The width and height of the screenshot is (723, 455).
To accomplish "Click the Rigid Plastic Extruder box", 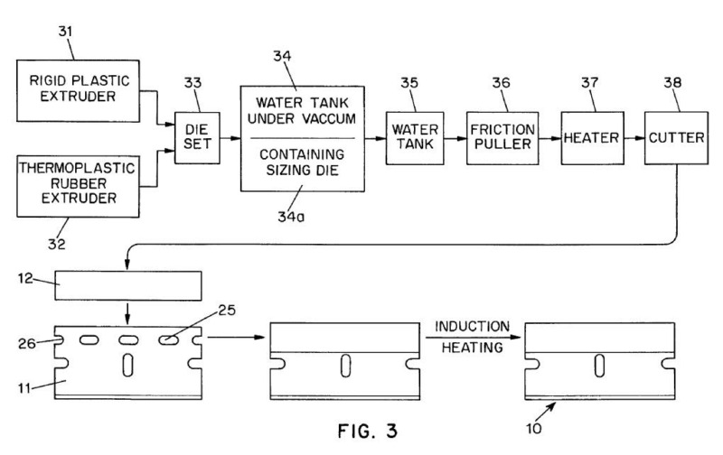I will pos(78,90).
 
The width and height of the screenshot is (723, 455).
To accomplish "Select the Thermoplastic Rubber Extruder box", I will pos(78,184).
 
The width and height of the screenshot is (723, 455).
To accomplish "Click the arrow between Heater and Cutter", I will pos(632,139).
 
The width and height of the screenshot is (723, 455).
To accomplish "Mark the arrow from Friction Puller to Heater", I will pos(548,139).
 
